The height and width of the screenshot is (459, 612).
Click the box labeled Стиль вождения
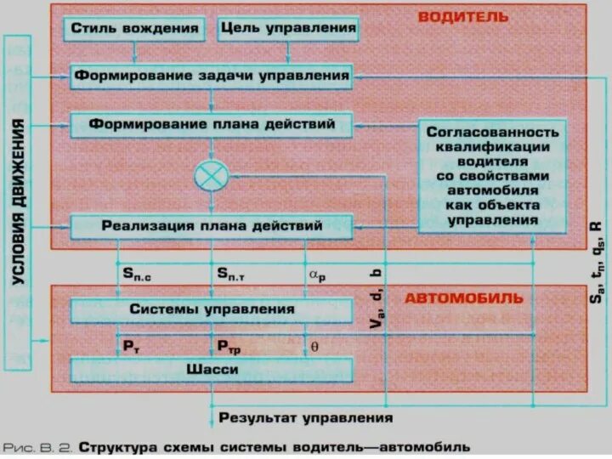pyautogui.click(x=134, y=29)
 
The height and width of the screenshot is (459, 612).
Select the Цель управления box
pyautogui.click(x=287, y=29)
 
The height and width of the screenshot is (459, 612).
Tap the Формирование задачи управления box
pyautogui.click(x=211, y=76)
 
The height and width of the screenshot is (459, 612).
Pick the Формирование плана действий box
pyautogui.click(x=211, y=125)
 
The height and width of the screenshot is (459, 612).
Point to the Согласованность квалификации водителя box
pyautogui.click(x=492, y=176)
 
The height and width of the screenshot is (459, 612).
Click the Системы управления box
pyautogui.click(x=211, y=309)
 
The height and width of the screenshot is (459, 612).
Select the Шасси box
pyautogui.click(x=211, y=371)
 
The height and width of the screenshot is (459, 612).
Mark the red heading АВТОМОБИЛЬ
pyautogui.click(x=463, y=299)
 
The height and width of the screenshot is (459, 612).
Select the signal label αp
pyautogui.click(x=316, y=273)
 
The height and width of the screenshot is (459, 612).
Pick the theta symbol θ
pyautogui.click(x=314, y=347)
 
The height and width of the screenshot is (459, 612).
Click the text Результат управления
pyautogui.click(x=306, y=417)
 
